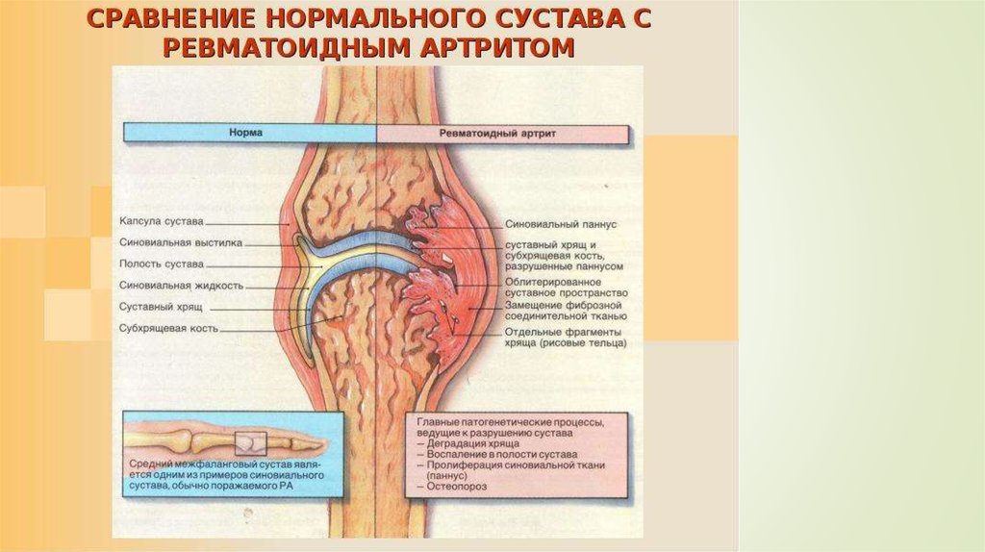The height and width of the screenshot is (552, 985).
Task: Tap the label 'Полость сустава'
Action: click(162, 263)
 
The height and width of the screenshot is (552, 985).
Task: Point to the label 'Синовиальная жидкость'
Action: click(181, 286)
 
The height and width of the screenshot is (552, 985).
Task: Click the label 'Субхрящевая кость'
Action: click(169, 328)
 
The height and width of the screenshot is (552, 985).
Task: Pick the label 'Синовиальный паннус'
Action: click(560, 223)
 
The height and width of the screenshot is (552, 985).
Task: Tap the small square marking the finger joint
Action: click(249, 441)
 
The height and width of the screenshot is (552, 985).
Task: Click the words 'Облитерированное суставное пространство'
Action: click(566, 287)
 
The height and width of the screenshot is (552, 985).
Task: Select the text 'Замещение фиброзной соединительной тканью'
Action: click(566, 310)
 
